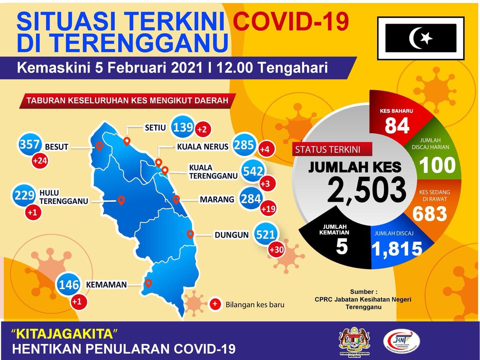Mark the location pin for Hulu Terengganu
click(120, 200)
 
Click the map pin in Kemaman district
click(148, 283)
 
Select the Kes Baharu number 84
click(397, 125)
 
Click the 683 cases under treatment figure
click(429, 214)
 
